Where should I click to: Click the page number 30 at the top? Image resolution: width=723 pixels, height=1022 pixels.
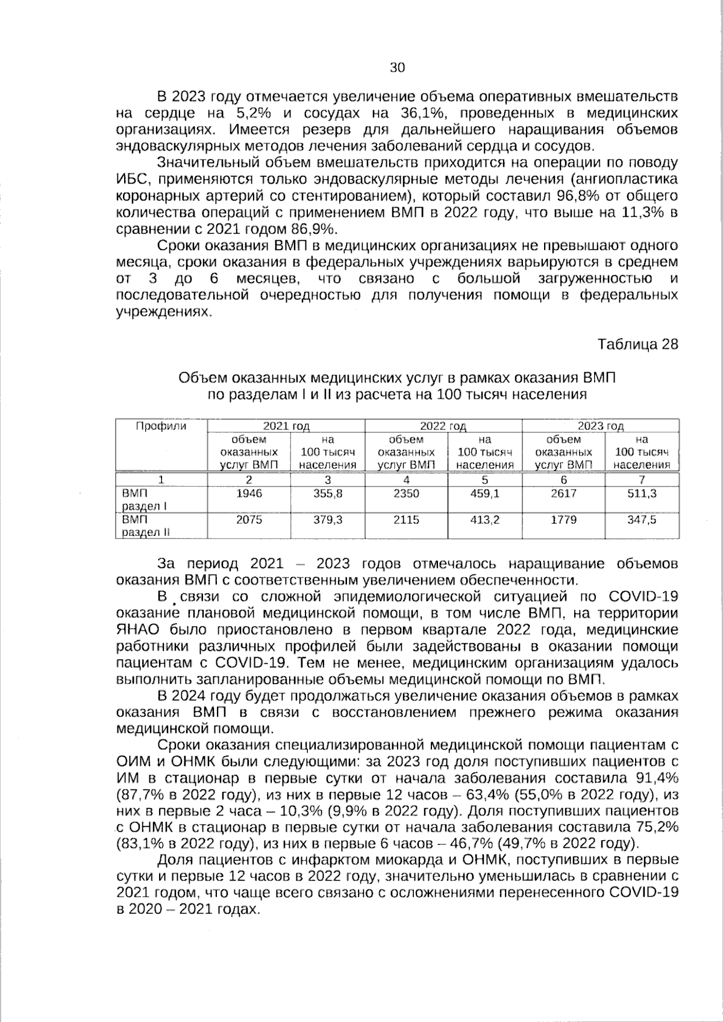397,67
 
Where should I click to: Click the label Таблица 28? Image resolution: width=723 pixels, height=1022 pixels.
637,344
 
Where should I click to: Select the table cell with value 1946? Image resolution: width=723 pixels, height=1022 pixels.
249,493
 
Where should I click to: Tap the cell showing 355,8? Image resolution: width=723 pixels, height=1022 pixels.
328,493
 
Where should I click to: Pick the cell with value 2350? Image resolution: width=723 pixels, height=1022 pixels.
406,493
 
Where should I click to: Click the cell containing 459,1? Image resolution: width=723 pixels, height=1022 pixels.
485,493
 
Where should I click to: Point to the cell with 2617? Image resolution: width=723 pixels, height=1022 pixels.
564,493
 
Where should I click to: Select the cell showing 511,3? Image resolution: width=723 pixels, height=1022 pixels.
642,493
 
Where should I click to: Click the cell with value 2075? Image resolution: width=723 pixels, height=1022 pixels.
249,520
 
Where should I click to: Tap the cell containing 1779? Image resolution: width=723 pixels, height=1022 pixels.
564,520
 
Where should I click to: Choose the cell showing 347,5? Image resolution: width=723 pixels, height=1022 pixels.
642,520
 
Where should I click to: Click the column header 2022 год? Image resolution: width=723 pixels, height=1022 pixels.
443,426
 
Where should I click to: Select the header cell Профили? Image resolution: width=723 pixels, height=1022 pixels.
160,426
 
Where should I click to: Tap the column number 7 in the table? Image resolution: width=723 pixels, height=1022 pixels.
642,479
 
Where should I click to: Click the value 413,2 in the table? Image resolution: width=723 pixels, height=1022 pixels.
485,520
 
